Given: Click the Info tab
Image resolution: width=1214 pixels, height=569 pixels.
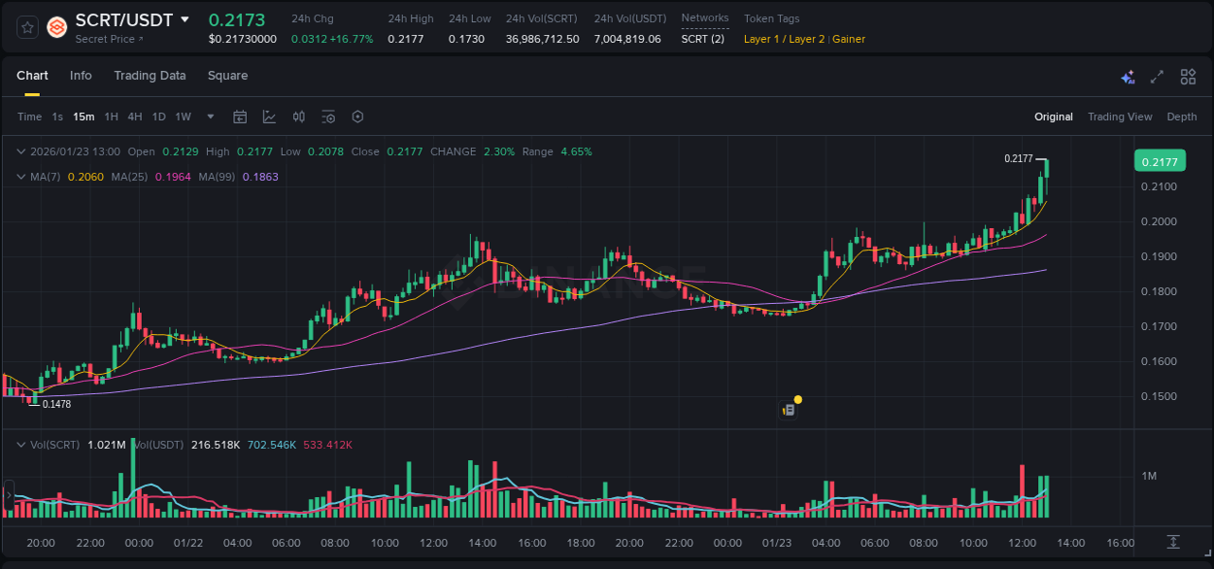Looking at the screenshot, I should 81,76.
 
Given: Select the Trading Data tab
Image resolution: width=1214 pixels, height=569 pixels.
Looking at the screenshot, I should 150,76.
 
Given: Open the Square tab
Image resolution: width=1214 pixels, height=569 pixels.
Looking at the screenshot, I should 227,76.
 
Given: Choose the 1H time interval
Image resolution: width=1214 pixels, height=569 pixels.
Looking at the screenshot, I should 112,117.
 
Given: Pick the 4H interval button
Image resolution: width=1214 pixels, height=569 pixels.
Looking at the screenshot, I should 135,117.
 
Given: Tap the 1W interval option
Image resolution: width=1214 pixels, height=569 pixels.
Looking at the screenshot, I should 183,117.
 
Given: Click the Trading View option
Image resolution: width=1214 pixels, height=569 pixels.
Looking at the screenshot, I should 1120,117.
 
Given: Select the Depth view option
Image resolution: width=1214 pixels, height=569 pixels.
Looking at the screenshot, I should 1182,117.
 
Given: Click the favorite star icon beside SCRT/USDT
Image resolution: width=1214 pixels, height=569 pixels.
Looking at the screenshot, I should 27,27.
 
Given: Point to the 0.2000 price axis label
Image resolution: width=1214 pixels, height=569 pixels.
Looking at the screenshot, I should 1159,221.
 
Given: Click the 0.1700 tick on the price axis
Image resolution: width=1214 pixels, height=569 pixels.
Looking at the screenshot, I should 1159,326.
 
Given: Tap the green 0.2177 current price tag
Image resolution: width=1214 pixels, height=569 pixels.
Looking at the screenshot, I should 1160,162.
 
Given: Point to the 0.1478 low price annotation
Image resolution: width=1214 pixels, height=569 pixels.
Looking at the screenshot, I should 56,404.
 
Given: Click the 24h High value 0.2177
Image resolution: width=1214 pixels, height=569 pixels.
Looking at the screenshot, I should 405,39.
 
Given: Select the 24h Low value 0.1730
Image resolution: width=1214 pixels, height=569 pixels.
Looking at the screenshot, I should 466,39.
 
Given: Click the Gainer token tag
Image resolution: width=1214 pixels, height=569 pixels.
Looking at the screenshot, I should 849,39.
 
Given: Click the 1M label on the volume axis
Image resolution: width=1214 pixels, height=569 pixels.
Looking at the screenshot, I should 1149,476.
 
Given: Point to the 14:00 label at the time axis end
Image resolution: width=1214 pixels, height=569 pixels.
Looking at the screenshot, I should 1070,543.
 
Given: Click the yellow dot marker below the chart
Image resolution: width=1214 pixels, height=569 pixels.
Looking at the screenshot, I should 797,399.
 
